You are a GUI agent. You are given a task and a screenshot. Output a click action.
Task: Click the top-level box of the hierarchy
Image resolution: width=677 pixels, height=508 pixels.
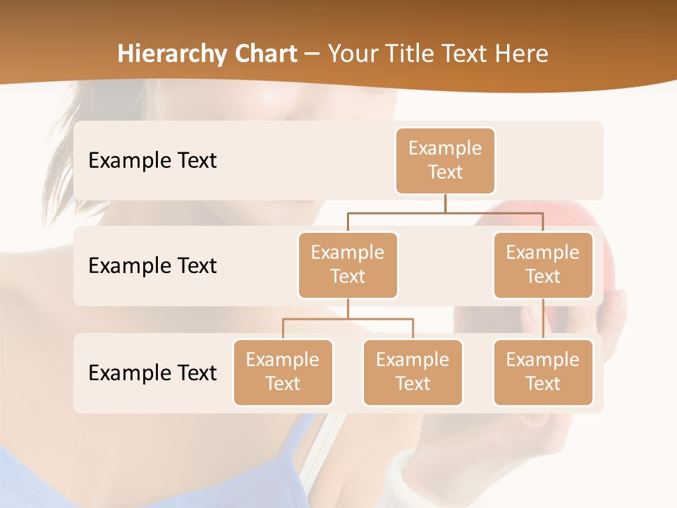point(445,160)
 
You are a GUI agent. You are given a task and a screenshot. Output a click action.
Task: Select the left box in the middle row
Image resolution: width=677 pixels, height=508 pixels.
point(348,265)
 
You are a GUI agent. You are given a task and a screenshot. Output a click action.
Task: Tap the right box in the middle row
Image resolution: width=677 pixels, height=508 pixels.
point(543,265)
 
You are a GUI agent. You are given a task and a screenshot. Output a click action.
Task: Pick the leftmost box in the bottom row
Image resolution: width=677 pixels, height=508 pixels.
point(283,372)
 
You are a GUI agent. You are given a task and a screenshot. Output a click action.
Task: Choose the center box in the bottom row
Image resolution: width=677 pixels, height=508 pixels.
point(413,372)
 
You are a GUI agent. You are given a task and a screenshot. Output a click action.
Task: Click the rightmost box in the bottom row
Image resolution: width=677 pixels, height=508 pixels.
point(543,372)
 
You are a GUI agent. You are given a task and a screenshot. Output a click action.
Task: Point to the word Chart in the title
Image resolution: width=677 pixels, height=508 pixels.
point(267,54)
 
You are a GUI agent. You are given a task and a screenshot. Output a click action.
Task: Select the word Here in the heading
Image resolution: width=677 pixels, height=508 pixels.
point(522,54)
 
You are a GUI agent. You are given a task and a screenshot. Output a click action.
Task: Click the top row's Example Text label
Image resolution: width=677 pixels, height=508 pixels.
point(152,161)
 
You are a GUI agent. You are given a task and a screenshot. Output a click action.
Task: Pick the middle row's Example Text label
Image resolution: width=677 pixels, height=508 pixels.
point(152,266)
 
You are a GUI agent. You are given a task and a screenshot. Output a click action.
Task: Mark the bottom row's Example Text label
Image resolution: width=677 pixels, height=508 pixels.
point(152,373)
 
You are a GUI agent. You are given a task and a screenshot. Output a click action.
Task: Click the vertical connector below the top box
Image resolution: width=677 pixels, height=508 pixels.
point(445,203)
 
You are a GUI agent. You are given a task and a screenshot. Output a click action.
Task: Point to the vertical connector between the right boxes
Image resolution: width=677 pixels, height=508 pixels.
point(543,319)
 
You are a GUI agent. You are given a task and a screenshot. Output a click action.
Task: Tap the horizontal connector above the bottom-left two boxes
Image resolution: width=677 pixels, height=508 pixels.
point(348,319)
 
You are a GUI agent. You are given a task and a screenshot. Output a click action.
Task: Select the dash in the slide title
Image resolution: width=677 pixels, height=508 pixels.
point(312,54)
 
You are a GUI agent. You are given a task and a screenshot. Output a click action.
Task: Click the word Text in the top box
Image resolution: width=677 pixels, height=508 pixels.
point(445,172)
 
